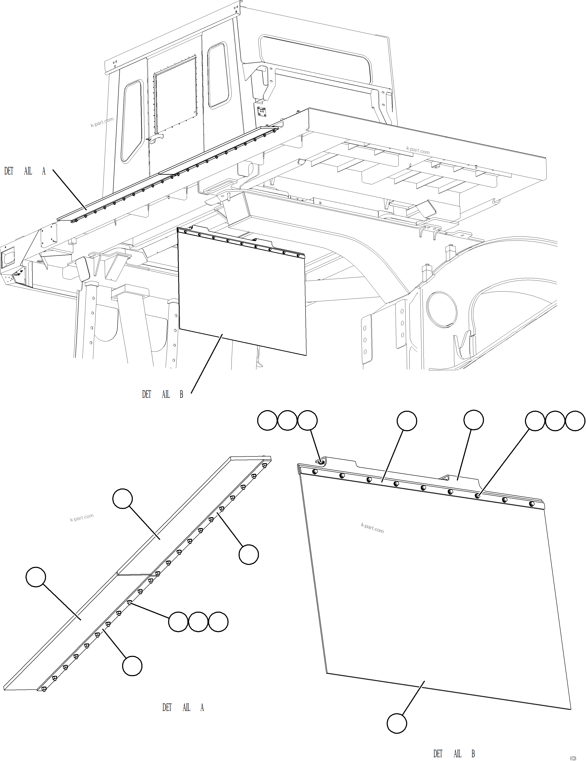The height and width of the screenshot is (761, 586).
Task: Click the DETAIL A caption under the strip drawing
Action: pos(183,708)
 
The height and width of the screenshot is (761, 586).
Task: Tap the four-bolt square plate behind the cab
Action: pos(262,112)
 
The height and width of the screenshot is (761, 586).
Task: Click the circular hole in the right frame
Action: pos(442,309)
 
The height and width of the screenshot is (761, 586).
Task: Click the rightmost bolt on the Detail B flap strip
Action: pos(531,504)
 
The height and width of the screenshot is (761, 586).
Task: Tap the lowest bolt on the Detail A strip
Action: pos(44,689)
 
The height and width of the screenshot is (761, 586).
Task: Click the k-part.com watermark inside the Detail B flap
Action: pos(372,528)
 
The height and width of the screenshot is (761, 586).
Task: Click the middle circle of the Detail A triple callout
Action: pos(198,621)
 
